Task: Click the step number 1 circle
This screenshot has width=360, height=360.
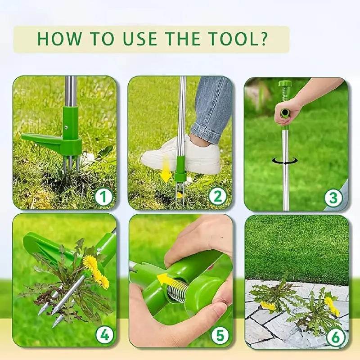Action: pyautogui.click(x=103, y=197)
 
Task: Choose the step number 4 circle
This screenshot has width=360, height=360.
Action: pyautogui.click(x=103, y=335)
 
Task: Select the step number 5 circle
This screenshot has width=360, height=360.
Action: pyautogui.click(x=219, y=335)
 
